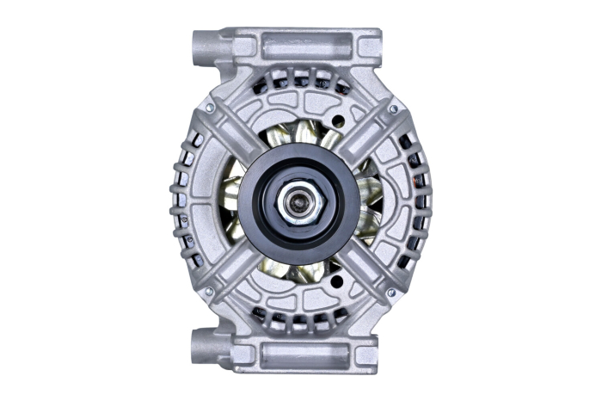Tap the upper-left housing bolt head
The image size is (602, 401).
coord(209,108)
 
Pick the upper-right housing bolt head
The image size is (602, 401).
coord(392,109)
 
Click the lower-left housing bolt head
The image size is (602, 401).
coord(208,293)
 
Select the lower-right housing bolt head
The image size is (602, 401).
coord(391,293)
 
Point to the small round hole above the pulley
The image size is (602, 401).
coord(338,121)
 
